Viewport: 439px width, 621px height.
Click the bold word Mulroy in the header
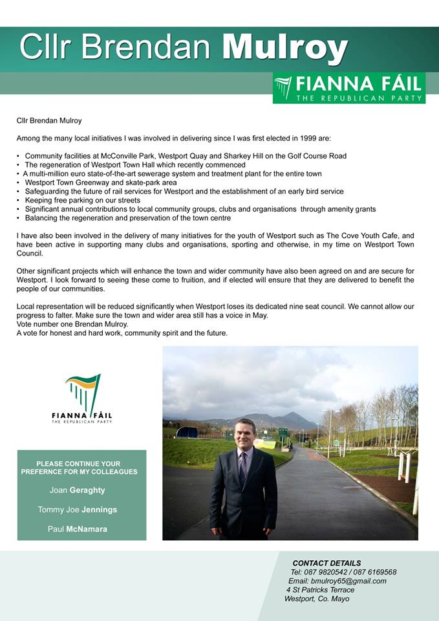click(x=284, y=47)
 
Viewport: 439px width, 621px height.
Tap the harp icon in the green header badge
click(x=283, y=87)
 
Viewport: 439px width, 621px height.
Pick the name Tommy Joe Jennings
click(x=78, y=510)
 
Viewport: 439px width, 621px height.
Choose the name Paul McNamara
click(x=78, y=529)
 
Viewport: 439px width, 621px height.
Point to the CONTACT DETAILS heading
click(x=327, y=563)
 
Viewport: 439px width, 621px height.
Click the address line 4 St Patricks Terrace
click(x=321, y=590)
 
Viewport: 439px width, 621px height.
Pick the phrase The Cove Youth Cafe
click(x=356, y=236)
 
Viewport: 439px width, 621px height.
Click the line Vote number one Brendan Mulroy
click(x=72, y=324)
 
